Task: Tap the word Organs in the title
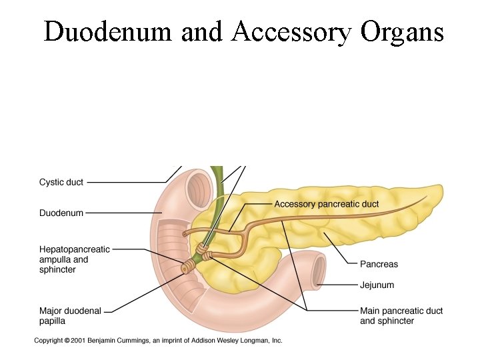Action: click(x=403, y=31)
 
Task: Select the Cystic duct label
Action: click(x=61, y=182)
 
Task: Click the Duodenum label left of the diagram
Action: click(x=61, y=213)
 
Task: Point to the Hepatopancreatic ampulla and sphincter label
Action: click(x=74, y=259)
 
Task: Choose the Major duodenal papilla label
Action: click(x=70, y=315)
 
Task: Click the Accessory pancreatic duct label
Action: click(x=327, y=204)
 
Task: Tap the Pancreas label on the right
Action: click(x=379, y=264)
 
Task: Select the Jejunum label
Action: click(x=377, y=285)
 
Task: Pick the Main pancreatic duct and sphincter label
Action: click(x=401, y=315)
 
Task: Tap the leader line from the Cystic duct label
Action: click(x=127, y=182)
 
